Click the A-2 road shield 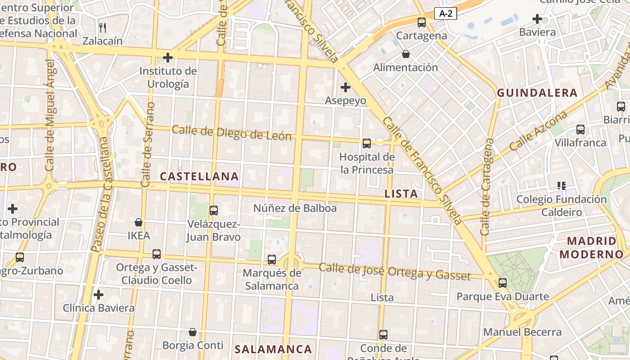445,14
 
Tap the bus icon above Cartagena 422,22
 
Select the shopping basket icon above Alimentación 406,54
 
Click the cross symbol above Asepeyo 346,87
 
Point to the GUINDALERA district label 537,93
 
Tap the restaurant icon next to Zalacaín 103,28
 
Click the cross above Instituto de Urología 168,58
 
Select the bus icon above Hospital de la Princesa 367,144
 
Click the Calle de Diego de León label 232,133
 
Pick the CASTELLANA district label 199,176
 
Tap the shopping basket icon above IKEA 139,222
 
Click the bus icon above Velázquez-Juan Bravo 214,210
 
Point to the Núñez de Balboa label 295,208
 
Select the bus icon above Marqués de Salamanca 272,260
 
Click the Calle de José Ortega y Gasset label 395,271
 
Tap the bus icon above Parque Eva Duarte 503,283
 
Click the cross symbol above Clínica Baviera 99,295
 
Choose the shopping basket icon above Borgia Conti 193,332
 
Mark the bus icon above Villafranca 580,130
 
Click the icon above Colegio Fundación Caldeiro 561,185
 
